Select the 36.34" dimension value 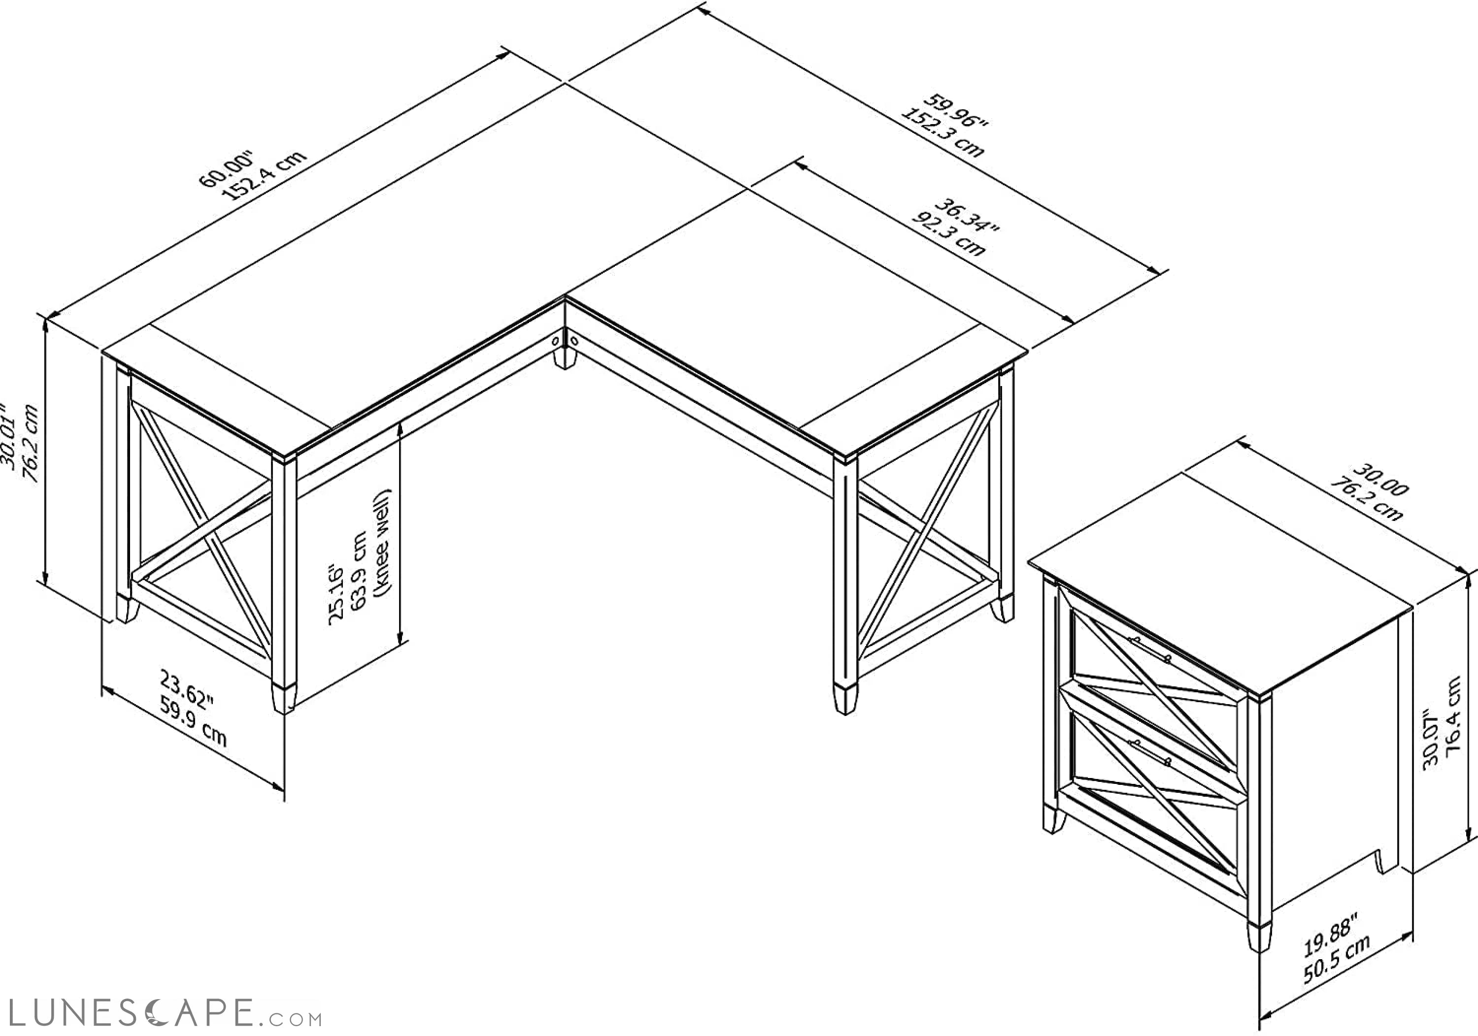coord(966,218)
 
